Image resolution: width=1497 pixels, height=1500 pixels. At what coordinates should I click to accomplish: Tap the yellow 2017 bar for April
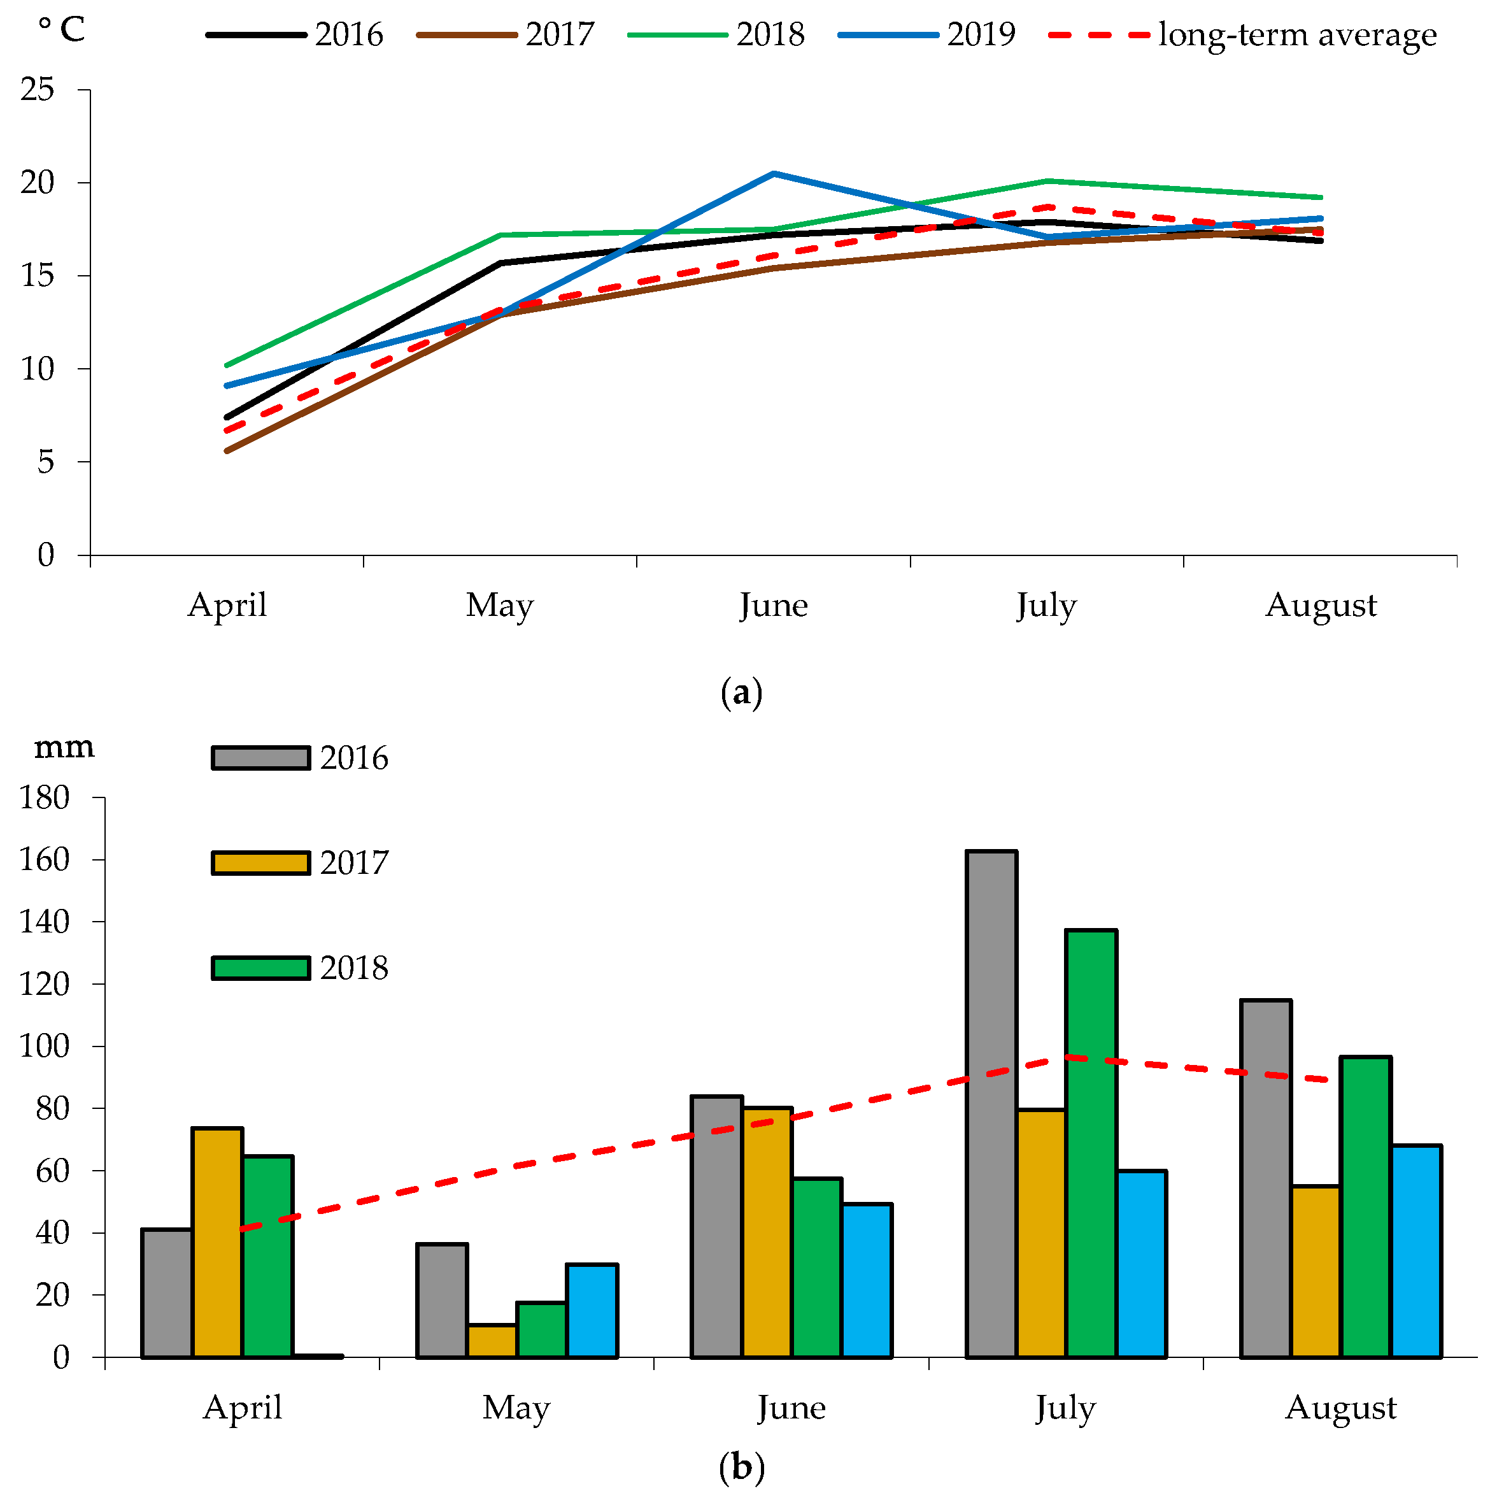tap(217, 1242)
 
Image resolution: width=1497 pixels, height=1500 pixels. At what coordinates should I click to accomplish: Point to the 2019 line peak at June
tap(774, 174)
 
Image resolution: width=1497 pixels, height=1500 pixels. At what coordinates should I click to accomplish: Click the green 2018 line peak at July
tap(1047, 182)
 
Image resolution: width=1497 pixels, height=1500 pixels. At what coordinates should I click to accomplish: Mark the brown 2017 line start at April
tap(227, 450)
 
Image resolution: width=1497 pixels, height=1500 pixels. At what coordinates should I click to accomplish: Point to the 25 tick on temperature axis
tap(38, 90)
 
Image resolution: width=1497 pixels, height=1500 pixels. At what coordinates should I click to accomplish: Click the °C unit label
tap(62, 31)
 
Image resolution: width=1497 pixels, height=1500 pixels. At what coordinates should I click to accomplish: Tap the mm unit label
tap(64, 747)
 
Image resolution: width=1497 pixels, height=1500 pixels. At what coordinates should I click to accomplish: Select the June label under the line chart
tap(774, 606)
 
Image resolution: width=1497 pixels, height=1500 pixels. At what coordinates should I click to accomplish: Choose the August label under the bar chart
tap(1341, 1408)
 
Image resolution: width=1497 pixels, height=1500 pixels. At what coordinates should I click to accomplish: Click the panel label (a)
tap(742, 692)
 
